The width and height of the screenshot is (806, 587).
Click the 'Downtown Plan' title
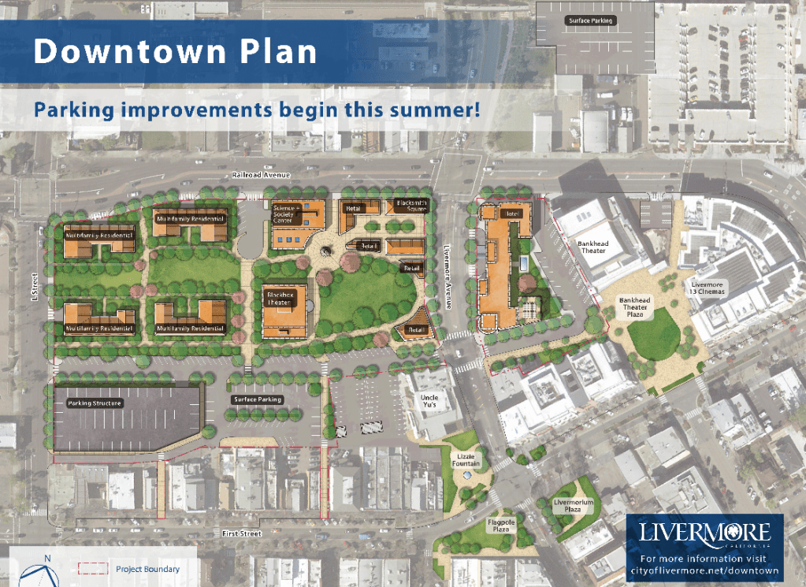click(x=175, y=51)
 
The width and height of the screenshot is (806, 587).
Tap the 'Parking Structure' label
click(x=95, y=403)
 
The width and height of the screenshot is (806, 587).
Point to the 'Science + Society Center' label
click(x=283, y=214)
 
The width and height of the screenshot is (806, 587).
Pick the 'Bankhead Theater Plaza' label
click(x=634, y=305)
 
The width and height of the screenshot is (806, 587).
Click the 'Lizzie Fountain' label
click(x=468, y=459)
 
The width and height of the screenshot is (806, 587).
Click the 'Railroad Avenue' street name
click(x=251, y=175)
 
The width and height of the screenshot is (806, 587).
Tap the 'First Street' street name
click(x=241, y=534)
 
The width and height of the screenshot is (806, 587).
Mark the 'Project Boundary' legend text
click(x=147, y=569)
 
